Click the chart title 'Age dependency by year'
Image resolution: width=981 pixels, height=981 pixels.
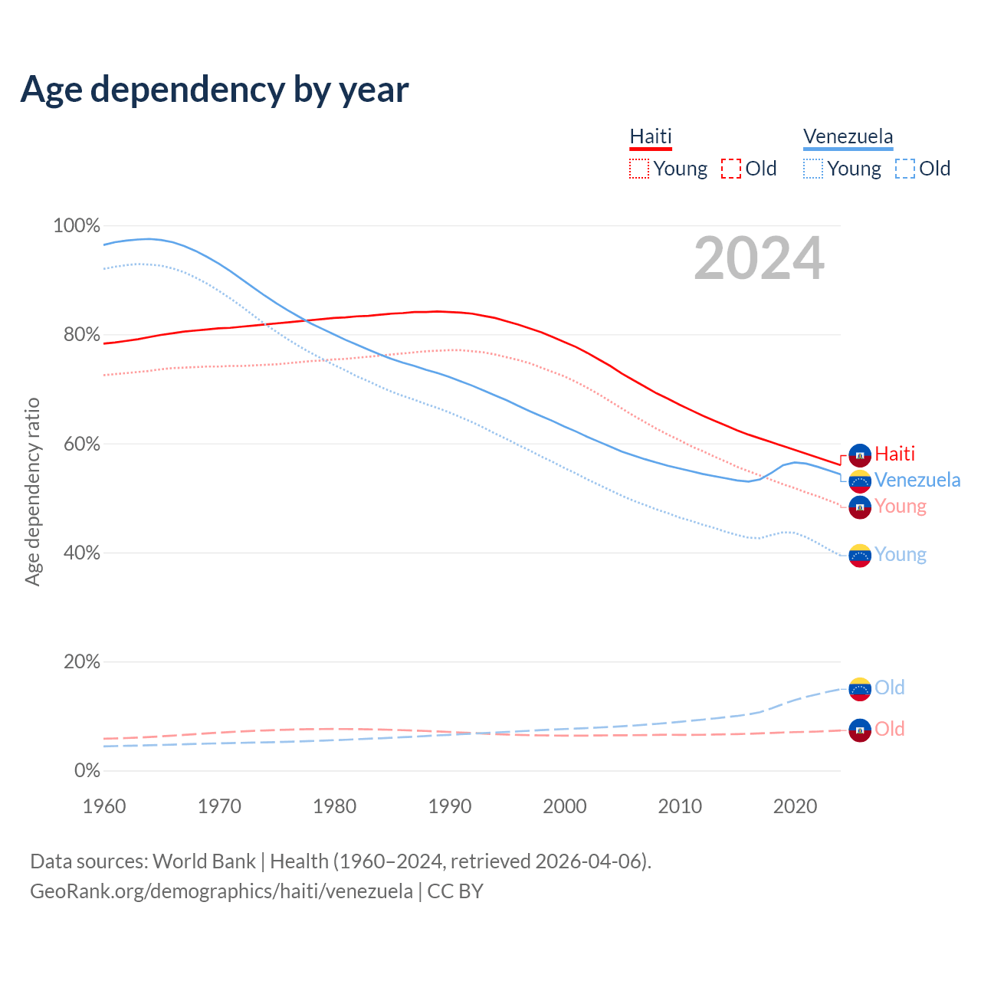[x=215, y=90]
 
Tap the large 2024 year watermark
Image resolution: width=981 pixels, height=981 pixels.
[x=759, y=259]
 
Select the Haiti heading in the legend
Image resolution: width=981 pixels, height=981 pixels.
[x=651, y=136]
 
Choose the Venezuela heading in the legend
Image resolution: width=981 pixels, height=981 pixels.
[x=848, y=136]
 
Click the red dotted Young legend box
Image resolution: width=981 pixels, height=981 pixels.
[x=638, y=169]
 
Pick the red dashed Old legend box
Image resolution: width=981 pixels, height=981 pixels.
[x=731, y=169]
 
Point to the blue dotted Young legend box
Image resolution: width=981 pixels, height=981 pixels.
[x=813, y=169]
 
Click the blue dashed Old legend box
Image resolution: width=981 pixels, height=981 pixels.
[x=905, y=169]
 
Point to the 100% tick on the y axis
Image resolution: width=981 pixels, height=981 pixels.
[x=77, y=226]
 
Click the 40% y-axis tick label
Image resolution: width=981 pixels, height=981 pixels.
[x=82, y=553]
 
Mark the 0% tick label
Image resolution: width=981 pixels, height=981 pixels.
[x=87, y=770]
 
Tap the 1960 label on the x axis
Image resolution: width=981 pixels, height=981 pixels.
[x=104, y=806]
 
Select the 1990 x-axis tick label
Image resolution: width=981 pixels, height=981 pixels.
[x=450, y=806]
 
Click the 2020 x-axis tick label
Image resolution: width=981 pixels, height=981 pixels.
[x=795, y=806]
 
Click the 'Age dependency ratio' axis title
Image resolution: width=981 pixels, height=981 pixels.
[x=32, y=491]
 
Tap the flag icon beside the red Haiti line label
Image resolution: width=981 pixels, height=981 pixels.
[x=860, y=454]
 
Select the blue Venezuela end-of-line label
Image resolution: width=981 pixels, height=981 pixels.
[x=917, y=480]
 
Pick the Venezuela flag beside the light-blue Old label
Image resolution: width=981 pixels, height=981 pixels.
[x=860, y=688]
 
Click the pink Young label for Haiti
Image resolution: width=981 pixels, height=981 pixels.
[x=901, y=506]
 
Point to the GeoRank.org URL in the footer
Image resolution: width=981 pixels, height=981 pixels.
[x=221, y=891]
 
